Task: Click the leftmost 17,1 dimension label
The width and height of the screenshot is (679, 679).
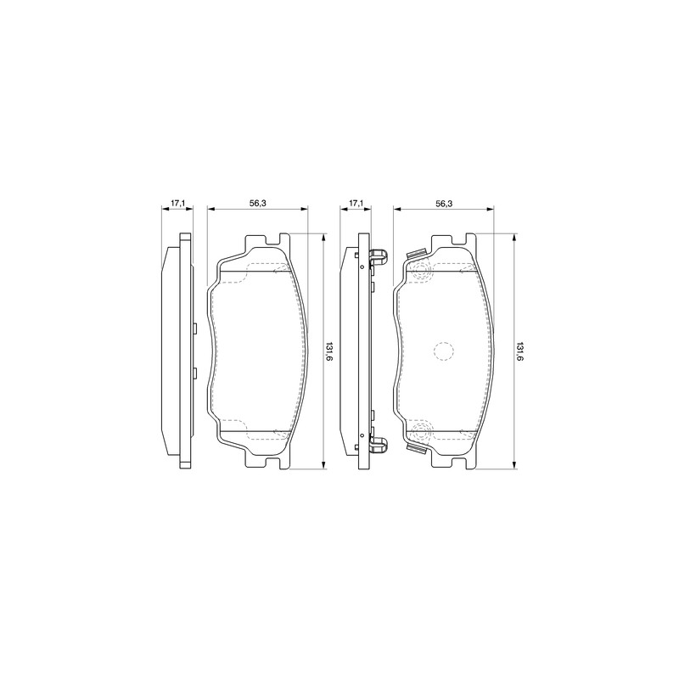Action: tap(177, 203)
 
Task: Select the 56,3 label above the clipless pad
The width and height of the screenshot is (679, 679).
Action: tap(258, 203)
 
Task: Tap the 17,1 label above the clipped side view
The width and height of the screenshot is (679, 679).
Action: tap(356, 203)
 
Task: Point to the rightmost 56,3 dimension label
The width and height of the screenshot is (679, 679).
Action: tap(444, 203)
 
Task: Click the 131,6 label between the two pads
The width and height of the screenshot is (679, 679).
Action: tap(329, 351)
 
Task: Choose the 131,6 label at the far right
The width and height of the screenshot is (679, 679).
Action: tap(519, 351)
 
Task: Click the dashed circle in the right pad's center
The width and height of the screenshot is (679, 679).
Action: tap(443, 351)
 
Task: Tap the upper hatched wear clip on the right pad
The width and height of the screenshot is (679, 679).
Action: tap(416, 253)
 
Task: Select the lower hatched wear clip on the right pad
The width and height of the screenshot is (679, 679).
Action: tap(416, 449)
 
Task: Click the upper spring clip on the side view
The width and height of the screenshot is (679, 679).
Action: tap(379, 257)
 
